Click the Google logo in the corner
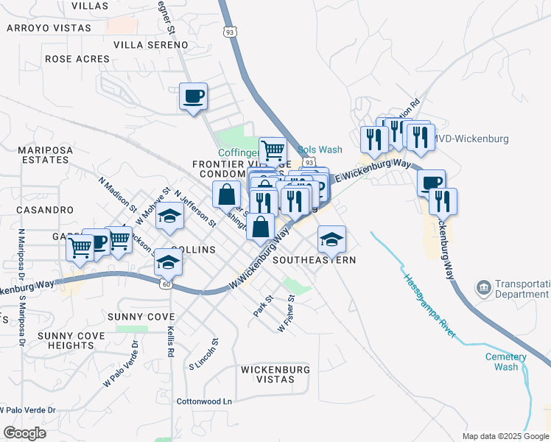tap(25, 433)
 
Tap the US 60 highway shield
tap(168, 283)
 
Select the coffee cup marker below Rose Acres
tap(194, 97)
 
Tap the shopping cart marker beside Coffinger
tap(273, 151)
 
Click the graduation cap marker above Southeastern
tap(331, 238)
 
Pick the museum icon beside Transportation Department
tap(483, 287)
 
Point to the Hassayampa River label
tap(429, 306)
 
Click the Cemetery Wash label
tap(506, 362)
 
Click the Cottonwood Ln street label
tap(204, 401)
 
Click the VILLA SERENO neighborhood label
tap(151, 44)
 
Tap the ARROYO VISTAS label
tap(49, 28)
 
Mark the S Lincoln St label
tap(204, 354)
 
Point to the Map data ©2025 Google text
tap(505, 436)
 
